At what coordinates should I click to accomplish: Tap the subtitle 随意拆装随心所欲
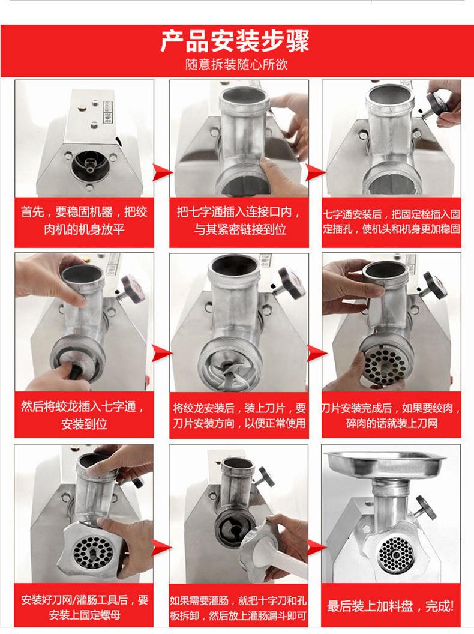point(236,65)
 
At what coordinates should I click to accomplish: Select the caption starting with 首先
point(84,221)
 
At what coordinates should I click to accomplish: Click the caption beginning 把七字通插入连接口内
point(239,220)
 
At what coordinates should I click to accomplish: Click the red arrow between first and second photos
point(162,173)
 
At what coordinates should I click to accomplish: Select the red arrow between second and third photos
point(315,173)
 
